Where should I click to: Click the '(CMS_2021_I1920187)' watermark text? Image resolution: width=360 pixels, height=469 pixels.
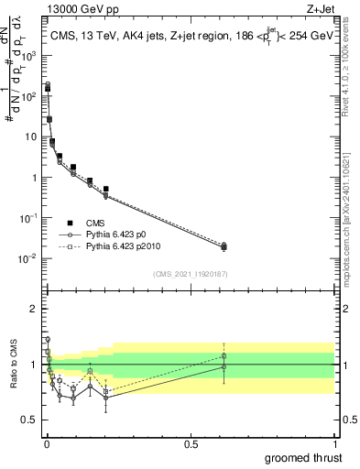pyautogui.click(x=190, y=275)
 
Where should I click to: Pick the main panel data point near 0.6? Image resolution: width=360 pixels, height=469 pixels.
pyautogui.click(x=224, y=246)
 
